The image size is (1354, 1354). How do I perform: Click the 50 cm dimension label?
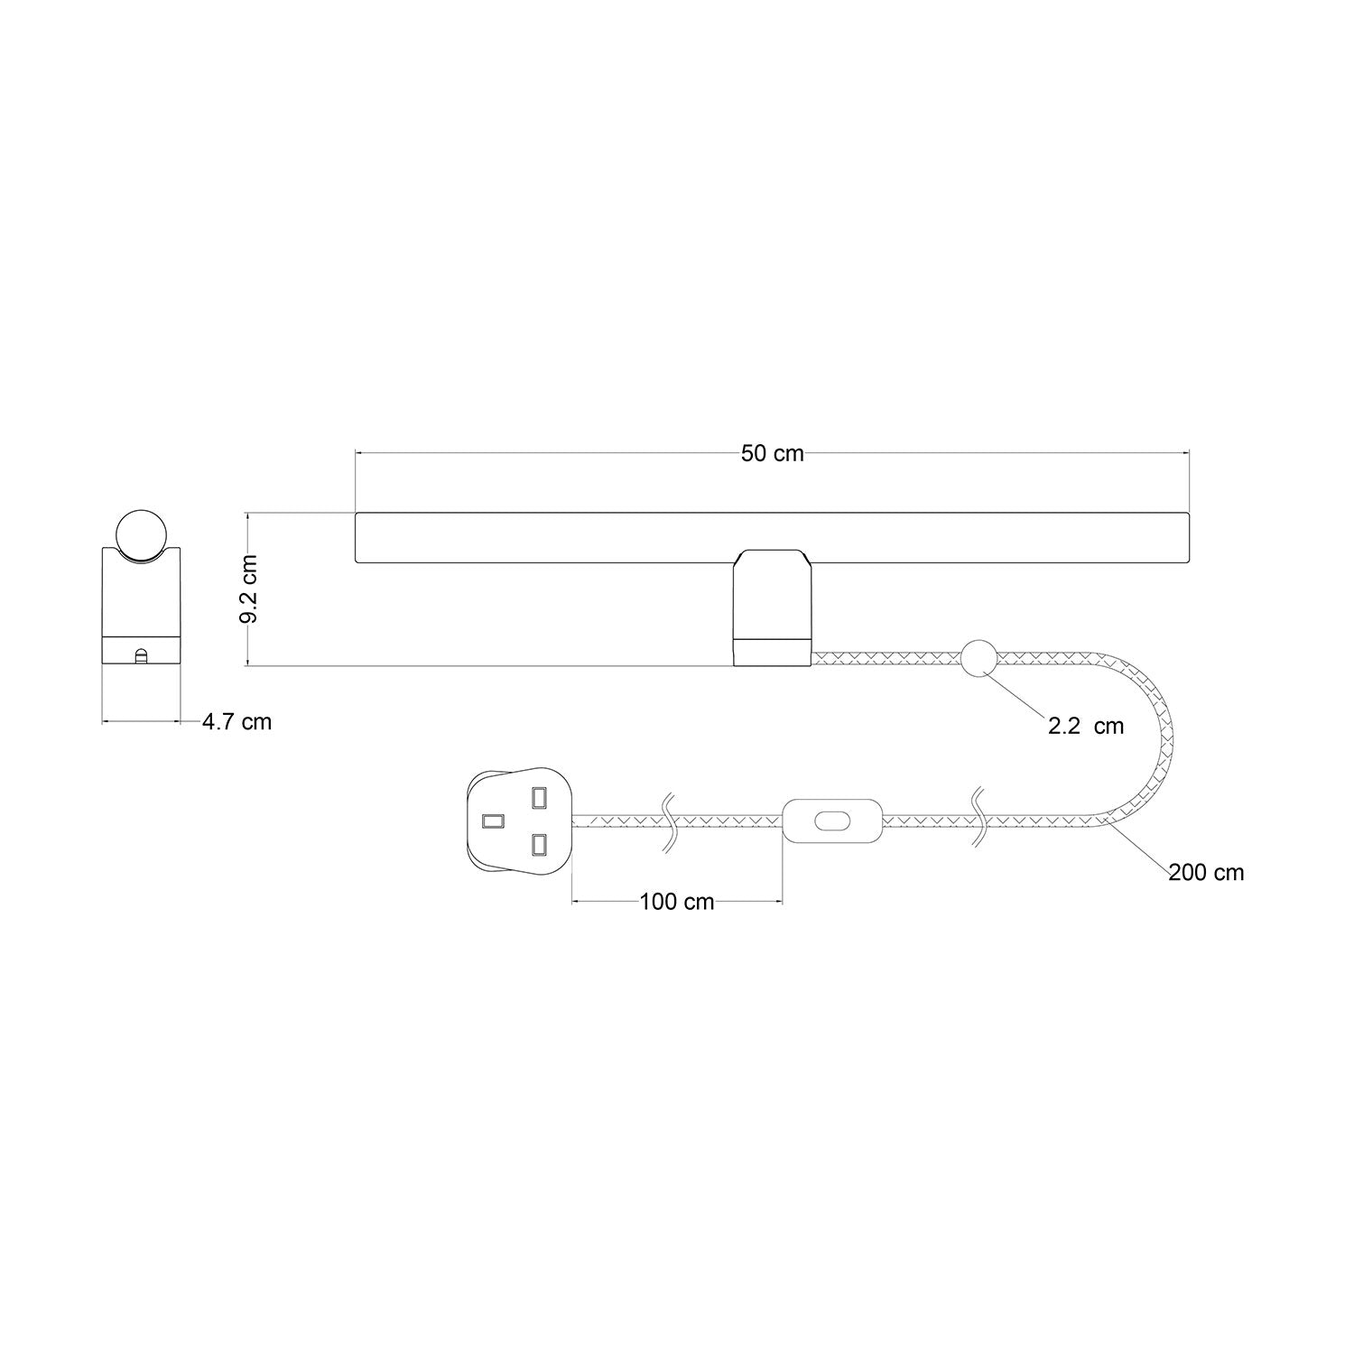point(772,454)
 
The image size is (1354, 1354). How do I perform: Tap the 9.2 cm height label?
point(250,589)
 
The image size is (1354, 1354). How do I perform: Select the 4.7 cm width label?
point(236,722)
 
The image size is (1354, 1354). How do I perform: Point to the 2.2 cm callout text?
point(1086,727)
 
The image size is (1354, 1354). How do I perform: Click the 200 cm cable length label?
point(1206,873)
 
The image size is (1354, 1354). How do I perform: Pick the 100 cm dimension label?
point(676,902)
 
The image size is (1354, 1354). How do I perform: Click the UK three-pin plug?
point(518,821)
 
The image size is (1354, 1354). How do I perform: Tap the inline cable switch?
point(831,821)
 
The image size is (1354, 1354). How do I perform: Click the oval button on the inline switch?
point(831,821)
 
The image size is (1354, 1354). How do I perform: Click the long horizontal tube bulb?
point(772,540)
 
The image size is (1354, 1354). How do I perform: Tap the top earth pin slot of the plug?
point(539,798)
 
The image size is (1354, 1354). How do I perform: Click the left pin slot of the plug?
point(493,821)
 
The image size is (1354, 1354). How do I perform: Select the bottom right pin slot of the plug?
point(539,845)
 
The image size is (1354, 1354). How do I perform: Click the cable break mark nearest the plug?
point(669,821)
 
